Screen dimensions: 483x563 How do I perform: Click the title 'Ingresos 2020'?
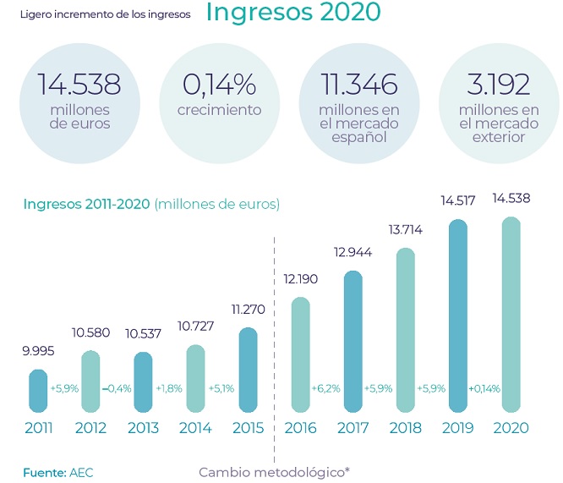[292, 14]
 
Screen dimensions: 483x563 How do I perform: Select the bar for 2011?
[39, 390]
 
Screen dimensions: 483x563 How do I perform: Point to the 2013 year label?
[143, 428]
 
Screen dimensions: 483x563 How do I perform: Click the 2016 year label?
[301, 428]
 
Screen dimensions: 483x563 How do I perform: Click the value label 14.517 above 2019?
[457, 201]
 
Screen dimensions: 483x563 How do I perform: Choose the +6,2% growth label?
[325, 388]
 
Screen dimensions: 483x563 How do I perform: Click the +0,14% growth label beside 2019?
[484, 388]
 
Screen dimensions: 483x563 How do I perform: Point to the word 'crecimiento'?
[220, 110]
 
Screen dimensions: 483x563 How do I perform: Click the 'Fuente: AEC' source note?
[58, 471]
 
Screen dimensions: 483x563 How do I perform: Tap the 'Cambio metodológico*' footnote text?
[274, 471]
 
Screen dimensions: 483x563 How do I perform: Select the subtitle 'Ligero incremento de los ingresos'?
[105, 14]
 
